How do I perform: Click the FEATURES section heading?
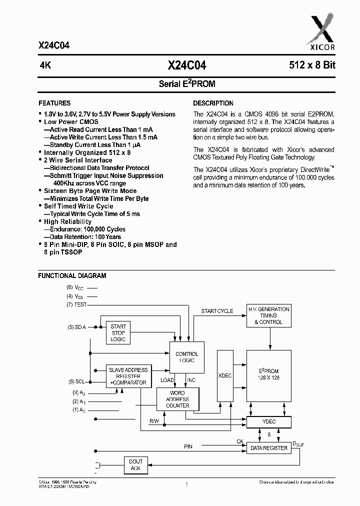point(54,103)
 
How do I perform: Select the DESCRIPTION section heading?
point(213,103)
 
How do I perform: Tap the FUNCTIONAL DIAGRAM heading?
point(72,275)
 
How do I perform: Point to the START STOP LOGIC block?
point(118,332)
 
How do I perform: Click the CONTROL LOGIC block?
point(186,357)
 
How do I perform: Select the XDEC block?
point(224,375)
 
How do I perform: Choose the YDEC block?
point(268,422)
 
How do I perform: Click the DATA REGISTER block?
point(268,448)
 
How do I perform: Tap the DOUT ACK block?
point(135,465)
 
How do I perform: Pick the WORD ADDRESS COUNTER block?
point(177,399)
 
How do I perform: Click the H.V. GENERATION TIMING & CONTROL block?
point(268,315)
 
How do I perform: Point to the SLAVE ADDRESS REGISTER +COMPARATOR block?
point(127,376)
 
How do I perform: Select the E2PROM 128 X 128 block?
point(268,374)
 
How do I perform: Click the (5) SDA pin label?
point(77,327)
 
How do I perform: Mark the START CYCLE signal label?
point(217,311)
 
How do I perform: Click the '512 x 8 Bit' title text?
point(305,65)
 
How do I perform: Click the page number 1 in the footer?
point(186,484)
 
